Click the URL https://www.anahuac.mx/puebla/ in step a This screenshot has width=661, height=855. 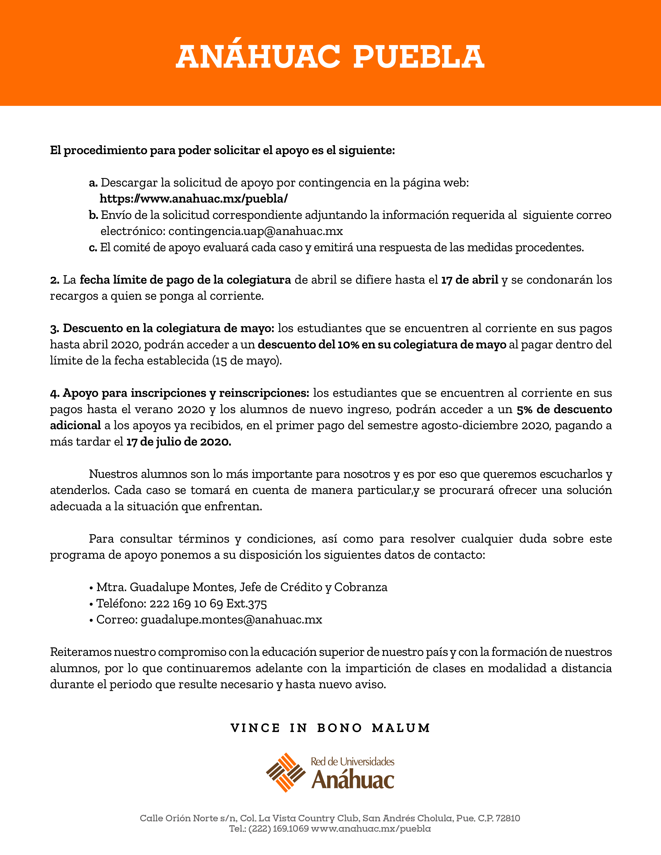click(194, 199)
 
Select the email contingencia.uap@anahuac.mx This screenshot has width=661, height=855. click(255, 231)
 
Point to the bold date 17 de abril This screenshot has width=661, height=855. click(470, 280)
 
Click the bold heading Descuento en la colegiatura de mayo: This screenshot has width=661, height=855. click(169, 328)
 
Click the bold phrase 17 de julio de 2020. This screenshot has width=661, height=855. click(179, 442)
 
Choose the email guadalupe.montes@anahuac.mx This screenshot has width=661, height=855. click(231, 620)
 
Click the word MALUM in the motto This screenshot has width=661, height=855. click(401, 728)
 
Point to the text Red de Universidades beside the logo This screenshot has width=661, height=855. click(352, 761)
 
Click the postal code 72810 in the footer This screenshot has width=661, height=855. click(508, 818)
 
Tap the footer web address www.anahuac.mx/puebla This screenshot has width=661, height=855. click(371, 829)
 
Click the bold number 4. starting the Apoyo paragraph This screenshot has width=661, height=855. click(54, 393)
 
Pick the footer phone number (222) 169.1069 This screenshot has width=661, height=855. click(279, 829)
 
